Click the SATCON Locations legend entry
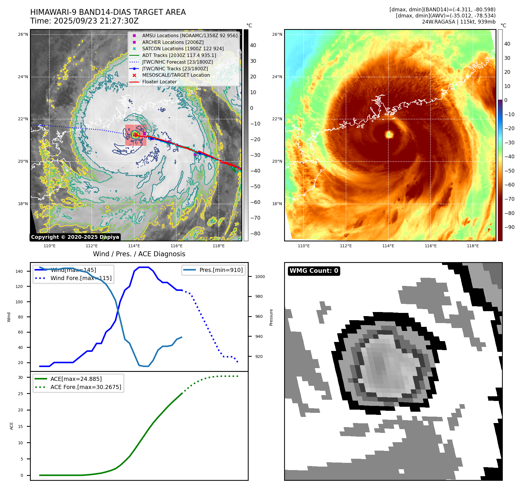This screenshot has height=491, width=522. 183,49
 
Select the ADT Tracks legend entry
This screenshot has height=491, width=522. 179,55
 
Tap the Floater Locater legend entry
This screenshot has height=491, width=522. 159,82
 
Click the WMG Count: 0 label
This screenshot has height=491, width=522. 314,271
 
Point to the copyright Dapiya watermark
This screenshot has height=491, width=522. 75,237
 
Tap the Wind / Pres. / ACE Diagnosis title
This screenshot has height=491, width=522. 139,254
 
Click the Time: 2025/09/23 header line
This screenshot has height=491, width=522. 84,21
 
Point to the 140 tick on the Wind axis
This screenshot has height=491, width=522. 19,271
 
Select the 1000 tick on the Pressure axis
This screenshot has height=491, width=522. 260,277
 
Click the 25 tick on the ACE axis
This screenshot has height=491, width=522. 20,394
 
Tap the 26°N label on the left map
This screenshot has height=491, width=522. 23,34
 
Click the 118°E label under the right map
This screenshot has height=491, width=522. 473,246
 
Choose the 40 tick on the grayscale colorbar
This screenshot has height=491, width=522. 253,45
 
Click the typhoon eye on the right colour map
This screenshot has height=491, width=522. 389,134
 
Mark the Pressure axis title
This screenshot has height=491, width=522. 271,317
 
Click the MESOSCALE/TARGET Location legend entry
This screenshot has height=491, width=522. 176,75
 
